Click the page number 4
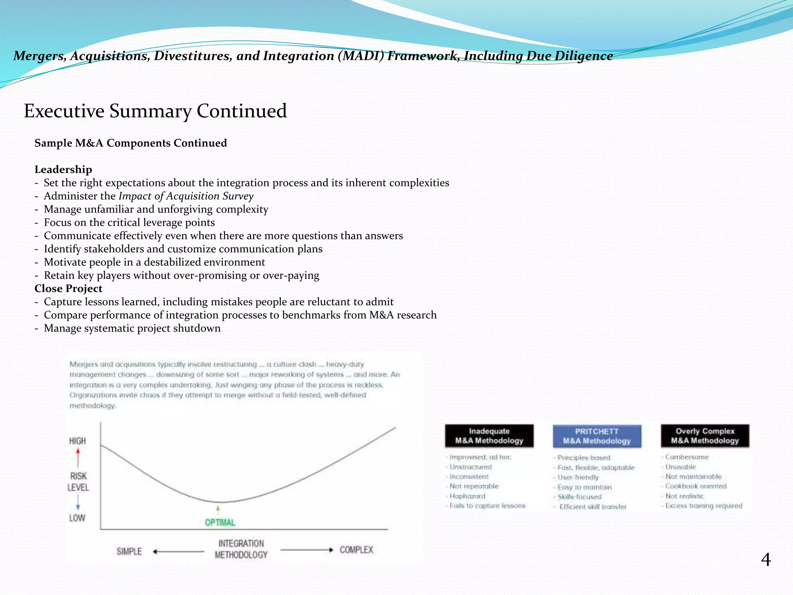(766, 560)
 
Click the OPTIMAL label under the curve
(220, 523)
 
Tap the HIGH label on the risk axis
(77, 441)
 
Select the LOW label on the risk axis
(77, 518)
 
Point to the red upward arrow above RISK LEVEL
(78, 458)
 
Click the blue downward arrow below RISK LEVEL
(78, 502)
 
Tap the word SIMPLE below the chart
(129, 551)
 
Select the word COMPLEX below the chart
(356, 550)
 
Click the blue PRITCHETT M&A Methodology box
(597, 436)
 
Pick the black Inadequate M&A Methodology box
(489, 436)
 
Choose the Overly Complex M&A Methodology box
(705, 436)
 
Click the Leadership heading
(63, 170)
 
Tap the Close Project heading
(68, 289)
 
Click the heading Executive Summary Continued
(155, 111)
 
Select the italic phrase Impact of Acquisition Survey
(186, 196)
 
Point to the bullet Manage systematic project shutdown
(132, 328)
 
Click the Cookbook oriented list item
(696, 486)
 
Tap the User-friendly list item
(578, 477)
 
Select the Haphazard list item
(467, 496)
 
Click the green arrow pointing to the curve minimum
(218, 509)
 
